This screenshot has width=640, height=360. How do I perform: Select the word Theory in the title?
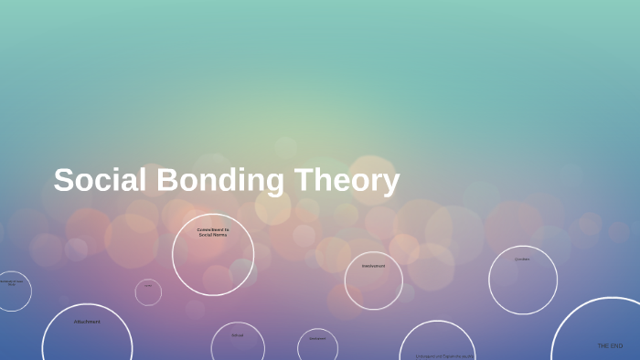click(x=347, y=180)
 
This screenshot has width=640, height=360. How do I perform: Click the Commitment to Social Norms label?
click(x=213, y=232)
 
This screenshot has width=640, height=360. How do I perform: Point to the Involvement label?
click(x=373, y=266)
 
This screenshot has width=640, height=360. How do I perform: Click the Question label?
click(x=522, y=259)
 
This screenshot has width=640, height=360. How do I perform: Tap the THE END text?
click(x=610, y=345)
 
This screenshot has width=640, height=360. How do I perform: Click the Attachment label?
click(x=87, y=322)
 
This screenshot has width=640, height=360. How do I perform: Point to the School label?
click(x=238, y=335)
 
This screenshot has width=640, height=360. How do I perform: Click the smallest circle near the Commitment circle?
click(x=148, y=292)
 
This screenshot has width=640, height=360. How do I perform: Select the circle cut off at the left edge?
click(x=12, y=291)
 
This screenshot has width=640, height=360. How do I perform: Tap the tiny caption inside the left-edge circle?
click(x=11, y=282)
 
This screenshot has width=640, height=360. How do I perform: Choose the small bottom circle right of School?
click(x=317, y=346)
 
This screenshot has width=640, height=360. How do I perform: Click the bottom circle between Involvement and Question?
click(x=437, y=343)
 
